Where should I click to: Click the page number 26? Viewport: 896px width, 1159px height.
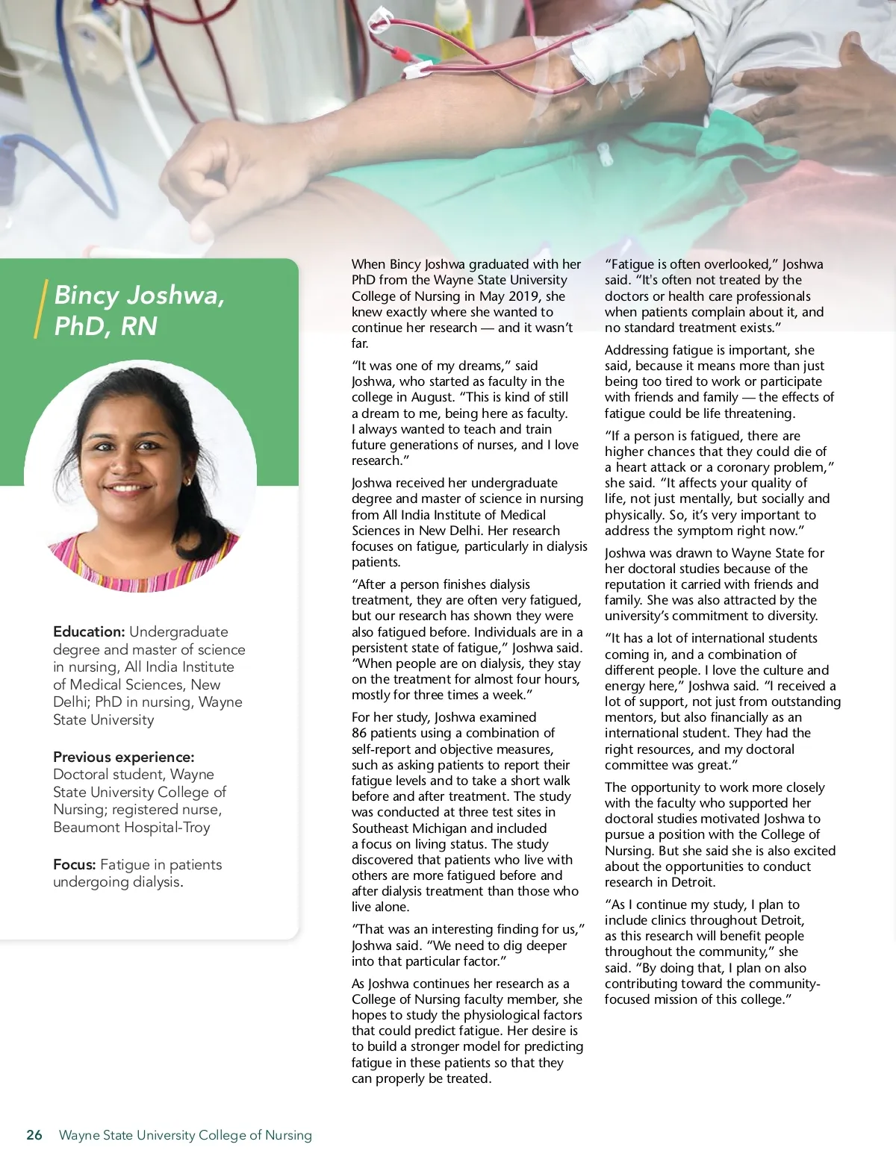34,1135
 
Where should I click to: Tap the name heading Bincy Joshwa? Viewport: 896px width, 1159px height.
139,296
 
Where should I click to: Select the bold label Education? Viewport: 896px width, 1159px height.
88,632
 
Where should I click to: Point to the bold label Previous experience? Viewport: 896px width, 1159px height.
123,757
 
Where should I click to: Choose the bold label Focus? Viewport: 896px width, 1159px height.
74,865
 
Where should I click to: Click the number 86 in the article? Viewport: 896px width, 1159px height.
359,734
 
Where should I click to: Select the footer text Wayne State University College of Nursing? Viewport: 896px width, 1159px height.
185,1135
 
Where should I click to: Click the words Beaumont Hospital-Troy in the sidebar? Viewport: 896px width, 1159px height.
131,828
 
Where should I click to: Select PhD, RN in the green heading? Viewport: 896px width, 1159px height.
105,326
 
